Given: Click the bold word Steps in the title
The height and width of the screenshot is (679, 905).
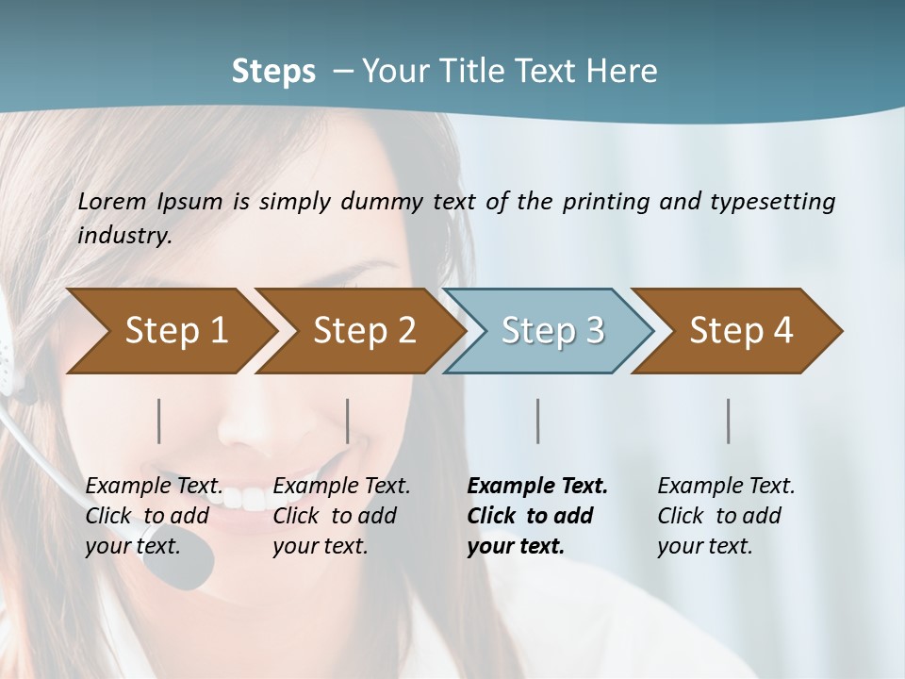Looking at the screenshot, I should tap(273, 71).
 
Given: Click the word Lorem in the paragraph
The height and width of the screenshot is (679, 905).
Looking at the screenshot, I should tap(112, 201).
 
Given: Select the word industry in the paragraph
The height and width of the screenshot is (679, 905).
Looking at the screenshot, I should tap(124, 235).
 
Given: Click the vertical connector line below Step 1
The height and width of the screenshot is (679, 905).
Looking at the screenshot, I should tap(158, 421).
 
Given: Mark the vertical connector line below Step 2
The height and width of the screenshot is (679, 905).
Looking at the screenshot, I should tap(348, 421).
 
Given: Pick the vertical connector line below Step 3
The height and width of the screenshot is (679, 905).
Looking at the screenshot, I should tap(537, 421).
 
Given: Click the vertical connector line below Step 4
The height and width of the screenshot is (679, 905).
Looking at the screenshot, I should tap(728, 421).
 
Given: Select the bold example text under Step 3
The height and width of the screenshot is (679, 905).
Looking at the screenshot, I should tap(535, 516).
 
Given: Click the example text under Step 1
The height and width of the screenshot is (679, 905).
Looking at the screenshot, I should tap(153, 516).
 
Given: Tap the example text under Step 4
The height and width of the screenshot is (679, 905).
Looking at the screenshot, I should tap(724, 516).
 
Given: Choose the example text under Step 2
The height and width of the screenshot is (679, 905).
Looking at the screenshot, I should tap(340, 516).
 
